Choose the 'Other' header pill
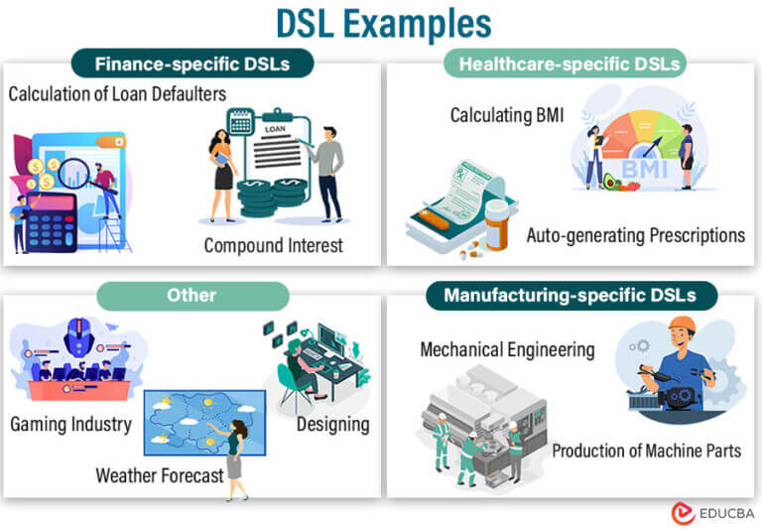pyautogui.click(x=191, y=296)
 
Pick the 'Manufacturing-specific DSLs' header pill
pyautogui.click(x=571, y=295)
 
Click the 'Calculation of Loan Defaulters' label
pyautogui.click(x=118, y=94)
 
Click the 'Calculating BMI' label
pyautogui.click(x=506, y=115)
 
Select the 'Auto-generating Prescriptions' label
pyautogui.click(x=635, y=235)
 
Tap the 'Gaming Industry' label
pyautogui.click(x=71, y=424)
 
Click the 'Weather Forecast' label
pyautogui.click(x=160, y=475)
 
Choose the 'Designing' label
pyautogui.click(x=333, y=424)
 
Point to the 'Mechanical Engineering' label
pyautogui.click(x=507, y=349)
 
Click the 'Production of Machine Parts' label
pyautogui.click(x=646, y=450)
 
